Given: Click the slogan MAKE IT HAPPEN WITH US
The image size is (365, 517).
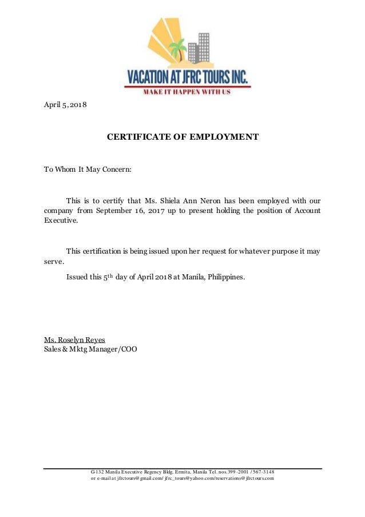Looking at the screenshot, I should tap(187, 92).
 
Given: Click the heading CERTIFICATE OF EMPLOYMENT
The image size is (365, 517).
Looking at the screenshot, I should tap(183, 137).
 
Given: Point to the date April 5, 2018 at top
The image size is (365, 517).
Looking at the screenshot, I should tap(65, 105).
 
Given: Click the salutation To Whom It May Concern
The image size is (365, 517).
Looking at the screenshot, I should tap(88, 169).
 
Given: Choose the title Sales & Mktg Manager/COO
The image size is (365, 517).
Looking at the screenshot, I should tap(90, 349).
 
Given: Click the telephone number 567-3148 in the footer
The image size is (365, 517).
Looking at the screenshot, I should tap(261, 471).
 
